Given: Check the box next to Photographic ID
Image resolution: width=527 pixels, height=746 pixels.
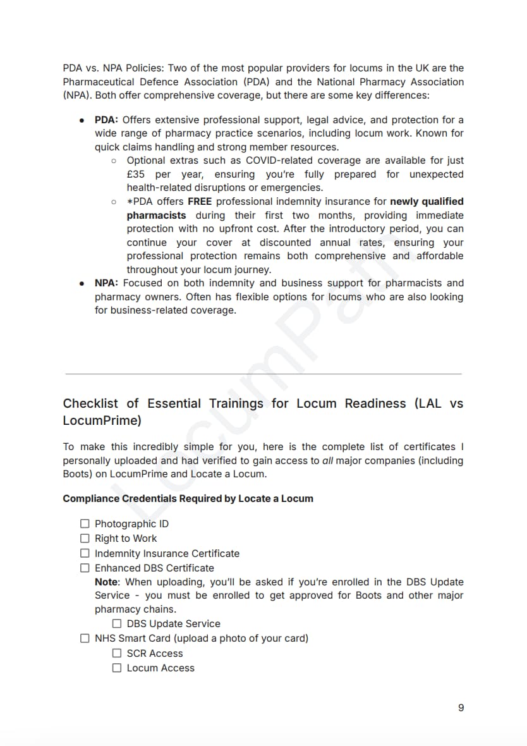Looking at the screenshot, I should coord(85,523).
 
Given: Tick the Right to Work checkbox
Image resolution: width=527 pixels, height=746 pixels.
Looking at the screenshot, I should coord(85,538).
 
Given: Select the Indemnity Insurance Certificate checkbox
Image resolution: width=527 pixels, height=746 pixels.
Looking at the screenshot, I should coord(85,553).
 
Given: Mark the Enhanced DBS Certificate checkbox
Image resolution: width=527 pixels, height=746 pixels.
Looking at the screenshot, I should coord(85,568).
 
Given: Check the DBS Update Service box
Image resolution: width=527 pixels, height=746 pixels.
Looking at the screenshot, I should coord(117,623).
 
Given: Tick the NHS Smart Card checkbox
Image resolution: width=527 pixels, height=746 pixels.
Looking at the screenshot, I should coord(85,638).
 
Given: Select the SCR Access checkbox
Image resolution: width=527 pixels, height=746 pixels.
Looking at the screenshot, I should coord(117,653).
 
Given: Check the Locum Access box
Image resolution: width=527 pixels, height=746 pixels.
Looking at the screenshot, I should coord(117,668).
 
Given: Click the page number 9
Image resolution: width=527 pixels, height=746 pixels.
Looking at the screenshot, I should coord(461,707).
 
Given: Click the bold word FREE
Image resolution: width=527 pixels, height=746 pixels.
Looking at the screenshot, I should coord(199,202).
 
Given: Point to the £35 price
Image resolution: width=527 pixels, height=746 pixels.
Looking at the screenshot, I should coord(136,174).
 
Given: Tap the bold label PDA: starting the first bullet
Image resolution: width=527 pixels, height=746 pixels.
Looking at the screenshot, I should coord(107,120).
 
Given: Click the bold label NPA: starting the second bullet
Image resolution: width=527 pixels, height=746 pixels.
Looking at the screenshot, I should coord(107,283).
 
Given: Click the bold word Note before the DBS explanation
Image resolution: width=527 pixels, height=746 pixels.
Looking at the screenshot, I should coord(108,582).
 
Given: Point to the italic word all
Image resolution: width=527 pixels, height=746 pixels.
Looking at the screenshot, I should coord(327,460).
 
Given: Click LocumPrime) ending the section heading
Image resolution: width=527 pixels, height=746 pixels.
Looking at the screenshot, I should coord(102,420).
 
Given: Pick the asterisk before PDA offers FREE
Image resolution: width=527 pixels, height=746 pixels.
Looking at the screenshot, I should coord(130,202).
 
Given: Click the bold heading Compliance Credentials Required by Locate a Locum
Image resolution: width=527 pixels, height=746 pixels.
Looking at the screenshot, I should coord(188,498).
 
